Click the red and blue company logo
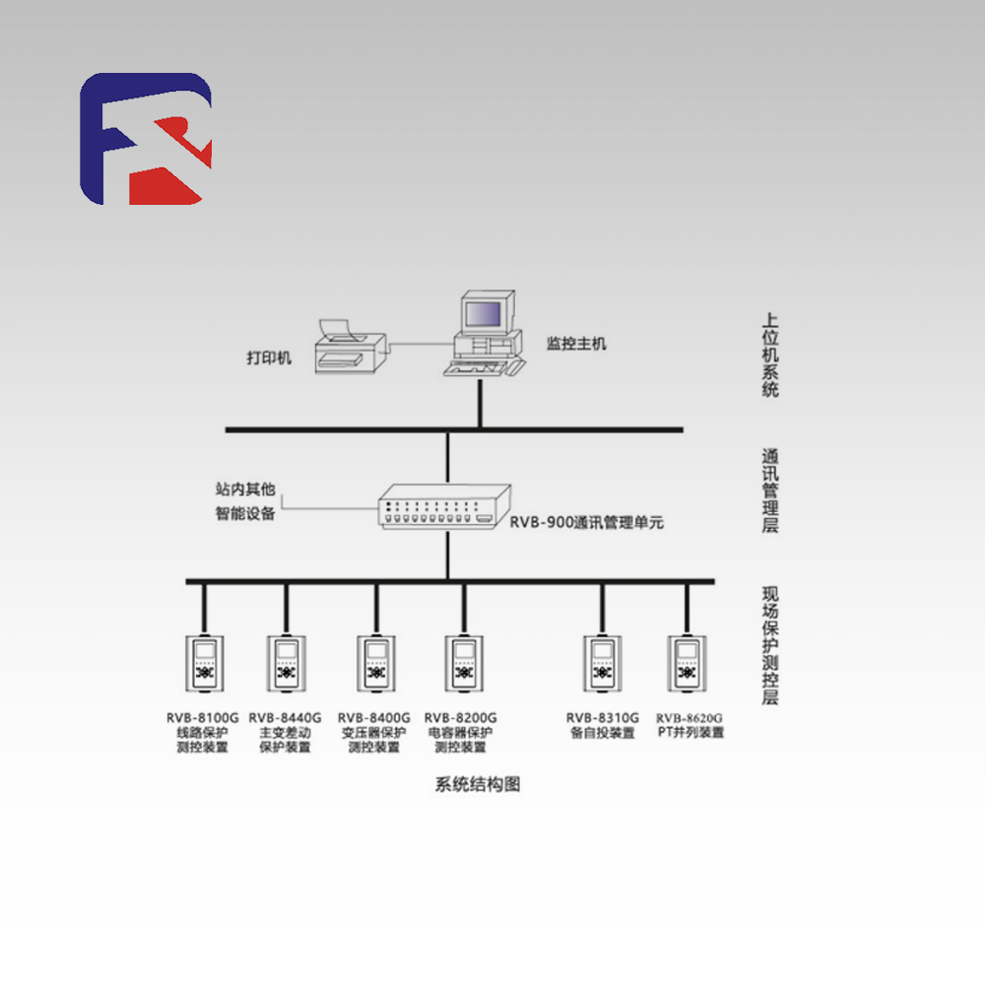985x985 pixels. click(x=146, y=139)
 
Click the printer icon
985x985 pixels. click(x=349, y=347)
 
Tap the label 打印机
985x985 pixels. click(x=269, y=358)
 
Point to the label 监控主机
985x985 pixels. click(x=577, y=344)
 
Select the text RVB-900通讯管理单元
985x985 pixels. click(x=586, y=523)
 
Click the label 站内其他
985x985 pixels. click(x=245, y=489)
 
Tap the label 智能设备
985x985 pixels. click(x=245, y=513)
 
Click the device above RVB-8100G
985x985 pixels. click(x=205, y=661)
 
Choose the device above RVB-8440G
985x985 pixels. click(x=286, y=661)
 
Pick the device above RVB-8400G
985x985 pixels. click(x=375, y=661)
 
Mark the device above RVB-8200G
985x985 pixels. click(x=463, y=661)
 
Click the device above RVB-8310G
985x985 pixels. click(x=602, y=661)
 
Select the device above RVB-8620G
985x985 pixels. click(x=688, y=661)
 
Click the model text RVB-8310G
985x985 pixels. click(x=602, y=718)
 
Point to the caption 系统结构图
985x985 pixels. click(x=477, y=785)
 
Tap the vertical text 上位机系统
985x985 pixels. click(x=770, y=356)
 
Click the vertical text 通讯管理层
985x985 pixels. click(x=770, y=491)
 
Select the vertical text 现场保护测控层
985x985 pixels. click(x=770, y=645)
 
